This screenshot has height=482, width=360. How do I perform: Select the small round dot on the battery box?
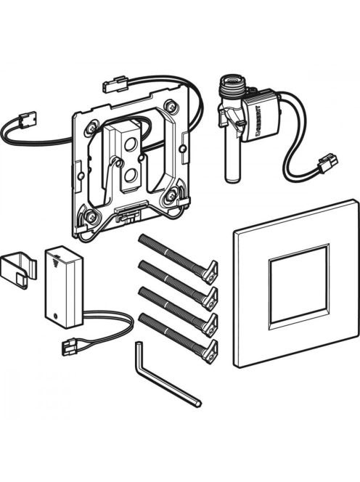click(x=56, y=316)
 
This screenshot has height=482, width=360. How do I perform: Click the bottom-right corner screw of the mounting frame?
click(x=169, y=195)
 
